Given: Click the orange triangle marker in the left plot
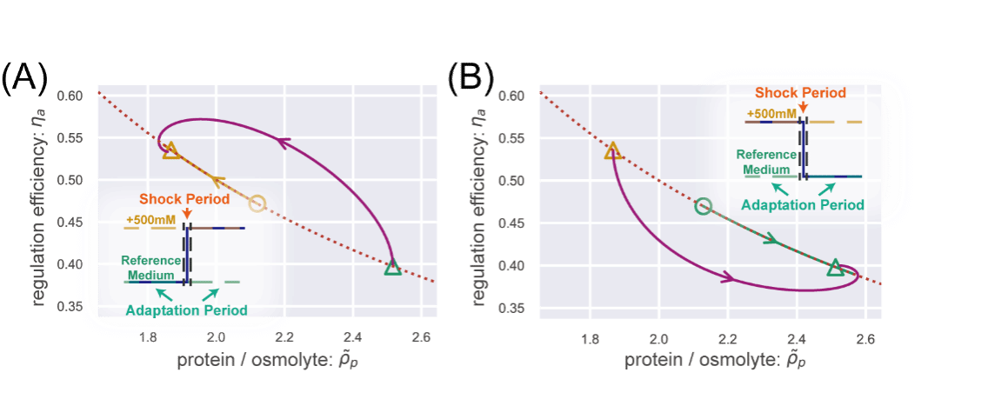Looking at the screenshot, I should click(x=170, y=150).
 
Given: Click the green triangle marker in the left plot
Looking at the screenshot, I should click(x=392, y=267).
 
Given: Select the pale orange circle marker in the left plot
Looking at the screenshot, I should click(x=256, y=203).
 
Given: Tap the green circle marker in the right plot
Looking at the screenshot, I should click(x=704, y=206).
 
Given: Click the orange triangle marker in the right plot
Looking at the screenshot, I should click(x=612, y=150).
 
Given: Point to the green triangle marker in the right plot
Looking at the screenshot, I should click(x=835, y=267).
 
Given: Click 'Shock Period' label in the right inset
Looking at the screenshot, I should click(x=800, y=92).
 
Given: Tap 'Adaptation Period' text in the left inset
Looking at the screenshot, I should click(x=186, y=310).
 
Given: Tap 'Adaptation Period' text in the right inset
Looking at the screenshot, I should click(x=802, y=205).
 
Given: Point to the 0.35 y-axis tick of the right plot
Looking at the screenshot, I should click(x=512, y=308).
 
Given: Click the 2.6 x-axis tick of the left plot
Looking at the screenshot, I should click(x=422, y=337).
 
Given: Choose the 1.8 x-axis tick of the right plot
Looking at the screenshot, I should click(x=590, y=337).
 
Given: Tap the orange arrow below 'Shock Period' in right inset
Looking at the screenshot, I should click(x=801, y=106).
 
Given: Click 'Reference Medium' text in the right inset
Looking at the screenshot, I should click(x=763, y=162).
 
